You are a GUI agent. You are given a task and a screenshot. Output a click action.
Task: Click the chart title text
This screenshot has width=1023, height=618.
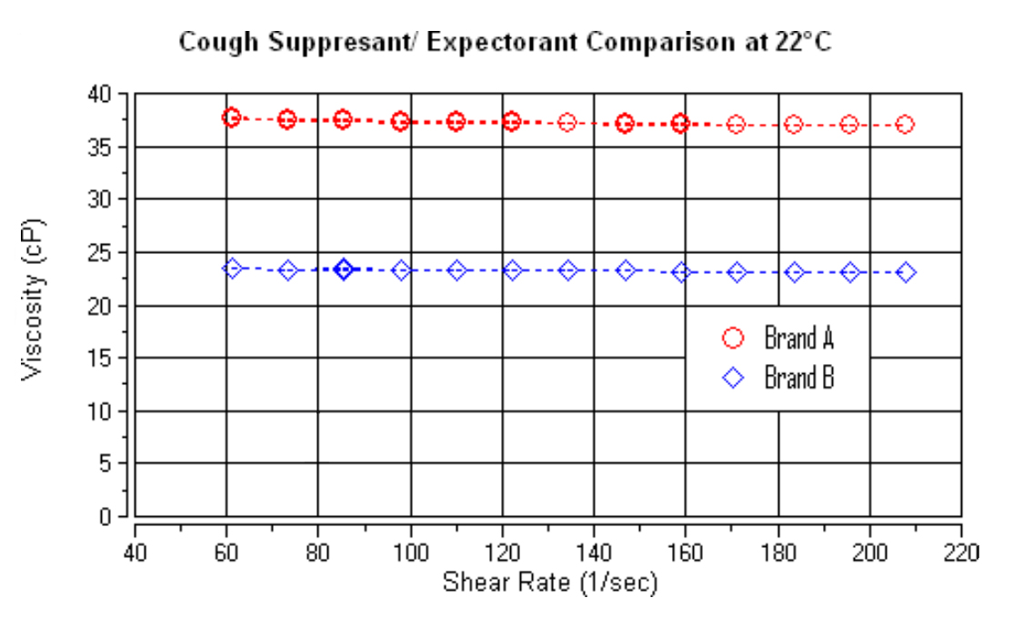tap(504, 42)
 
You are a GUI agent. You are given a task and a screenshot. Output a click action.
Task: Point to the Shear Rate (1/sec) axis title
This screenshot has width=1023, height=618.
tap(549, 583)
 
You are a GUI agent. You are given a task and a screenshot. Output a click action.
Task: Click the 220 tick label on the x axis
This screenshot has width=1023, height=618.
tap(961, 552)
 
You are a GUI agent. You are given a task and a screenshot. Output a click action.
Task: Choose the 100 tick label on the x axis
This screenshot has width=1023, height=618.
tap(410, 552)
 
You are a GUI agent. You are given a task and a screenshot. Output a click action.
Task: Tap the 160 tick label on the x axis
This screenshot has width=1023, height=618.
tap(686, 552)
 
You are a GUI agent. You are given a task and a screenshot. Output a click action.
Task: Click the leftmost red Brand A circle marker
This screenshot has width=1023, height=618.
tap(232, 117)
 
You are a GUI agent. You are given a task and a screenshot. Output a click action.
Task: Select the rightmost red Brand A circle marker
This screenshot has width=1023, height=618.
tap(905, 125)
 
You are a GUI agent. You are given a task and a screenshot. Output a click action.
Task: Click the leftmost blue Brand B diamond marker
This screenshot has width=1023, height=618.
tap(233, 268)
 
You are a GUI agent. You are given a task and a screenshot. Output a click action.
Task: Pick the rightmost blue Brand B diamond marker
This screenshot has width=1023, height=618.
tap(906, 272)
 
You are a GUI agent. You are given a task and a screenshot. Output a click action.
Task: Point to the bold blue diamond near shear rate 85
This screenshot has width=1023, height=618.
tap(344, 268)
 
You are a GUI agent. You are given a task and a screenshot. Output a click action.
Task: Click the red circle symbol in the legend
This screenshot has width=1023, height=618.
tap(733, 339)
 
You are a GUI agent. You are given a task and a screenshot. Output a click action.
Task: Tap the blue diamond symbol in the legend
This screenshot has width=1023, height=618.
tap(733, 377)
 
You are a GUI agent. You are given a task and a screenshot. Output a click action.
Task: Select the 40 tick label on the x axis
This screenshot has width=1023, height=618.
tap(135, 552)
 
